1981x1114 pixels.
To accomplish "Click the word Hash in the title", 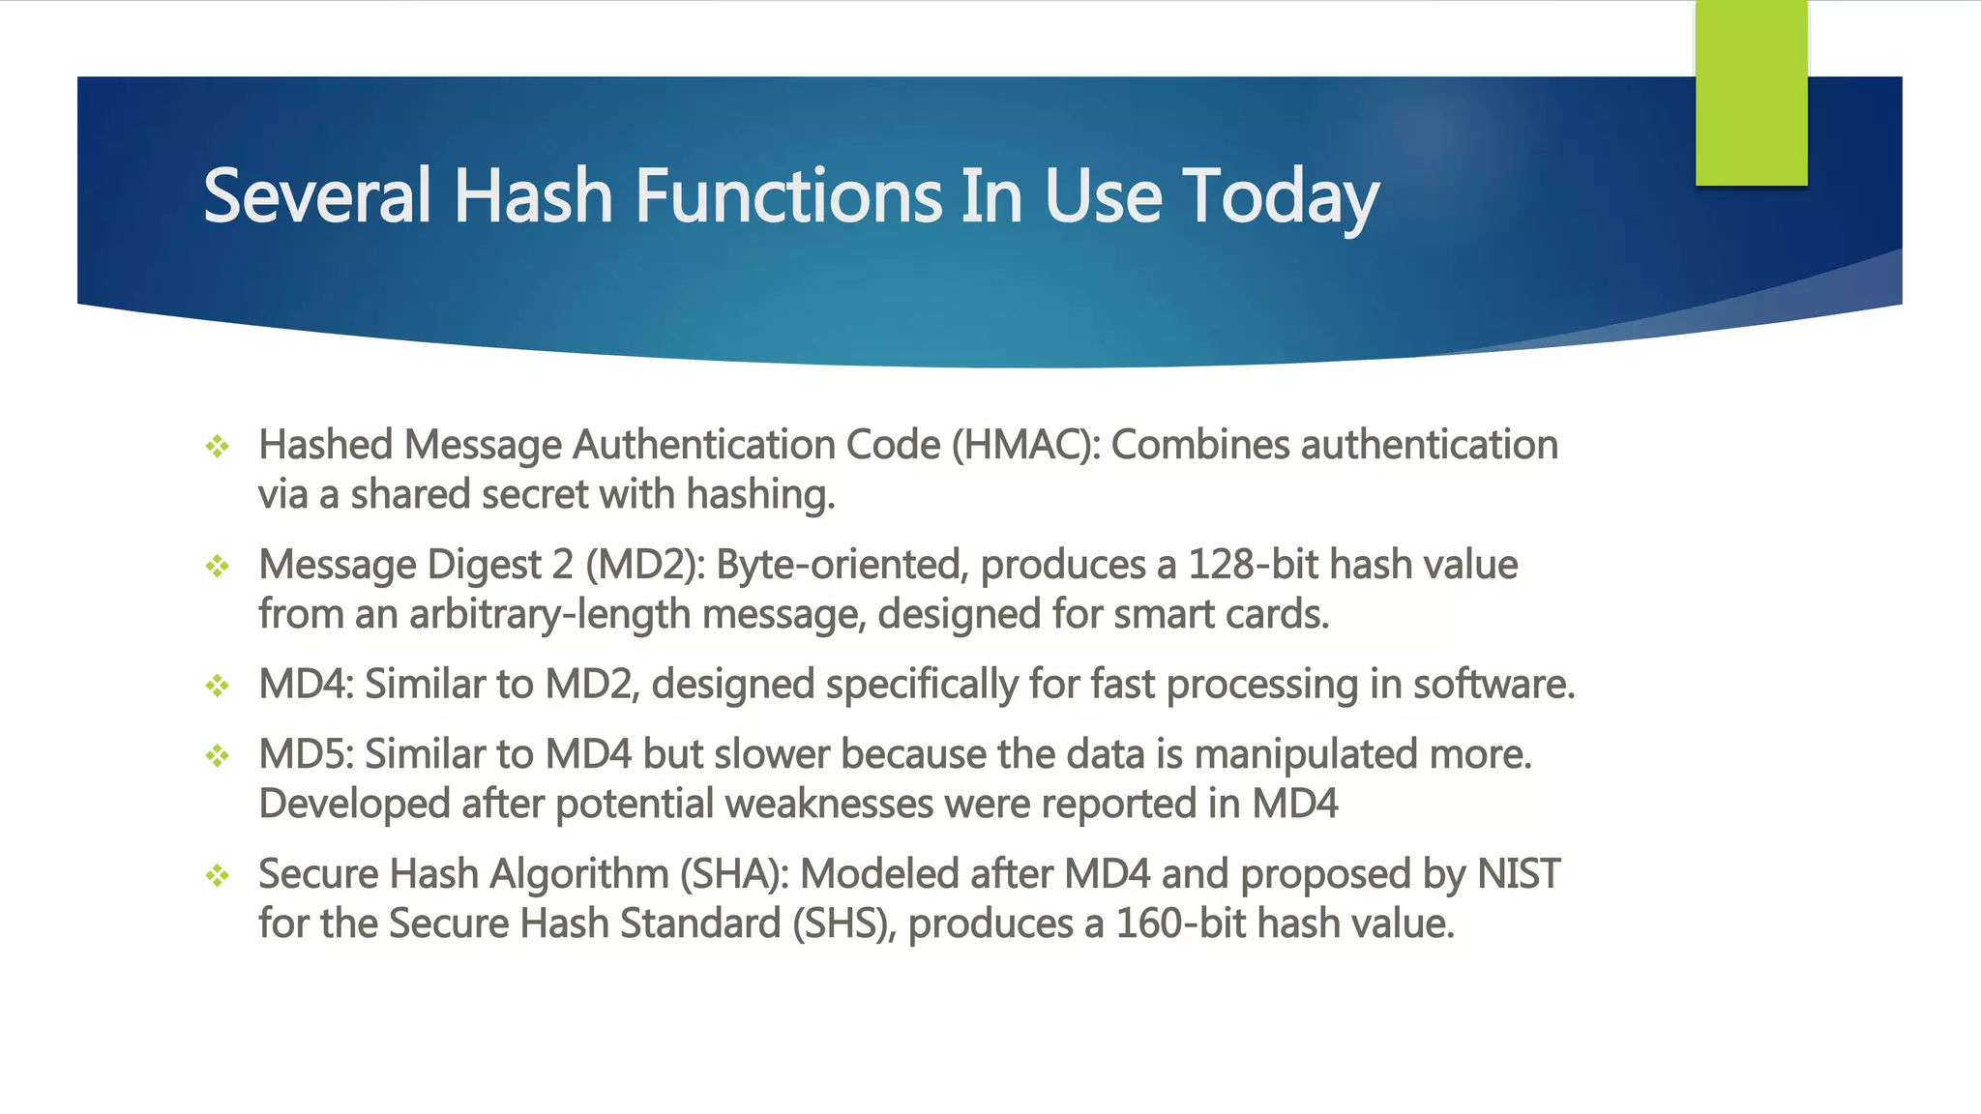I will coord(533,196).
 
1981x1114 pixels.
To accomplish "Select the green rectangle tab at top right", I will coord(1751,93).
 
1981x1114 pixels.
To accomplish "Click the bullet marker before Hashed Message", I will coord(218,446).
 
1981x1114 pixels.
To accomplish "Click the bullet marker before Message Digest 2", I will coord(218,566).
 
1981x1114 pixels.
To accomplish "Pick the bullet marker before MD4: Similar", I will coord(218,686).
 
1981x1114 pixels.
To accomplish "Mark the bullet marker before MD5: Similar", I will coord(218,755).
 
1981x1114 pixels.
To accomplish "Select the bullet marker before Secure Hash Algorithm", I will coord(218,875).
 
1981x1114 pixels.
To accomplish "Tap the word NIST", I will coord(1519,874).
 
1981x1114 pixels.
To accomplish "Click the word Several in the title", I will coord(316,196).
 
